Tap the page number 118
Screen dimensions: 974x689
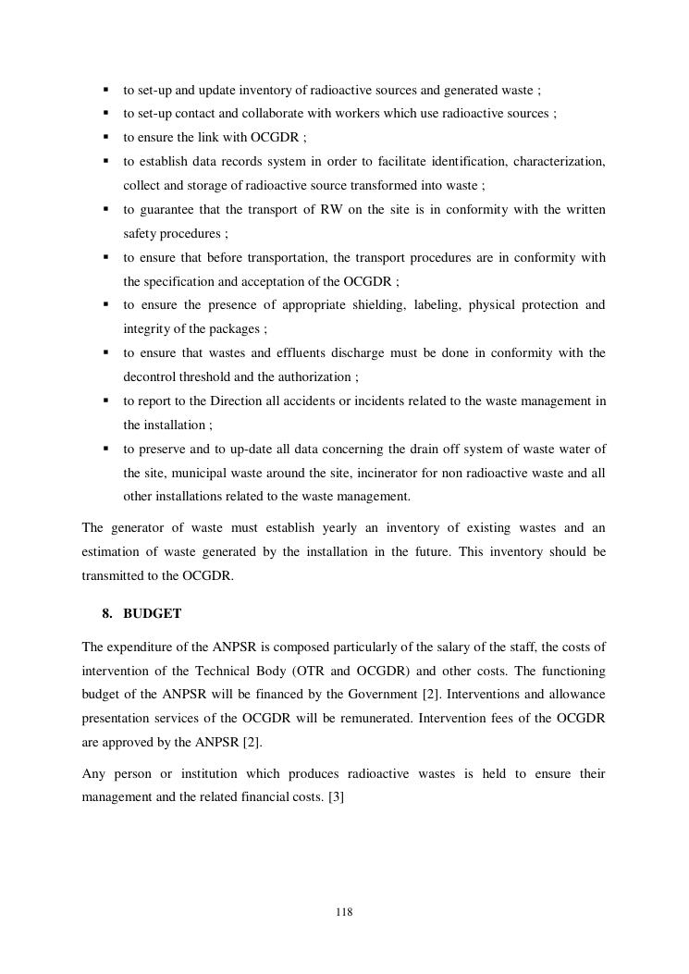[344, 912]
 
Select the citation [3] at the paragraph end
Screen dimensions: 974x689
[336, 795]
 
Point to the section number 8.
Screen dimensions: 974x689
[107, 613]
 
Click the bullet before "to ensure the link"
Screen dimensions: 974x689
[105, 137]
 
